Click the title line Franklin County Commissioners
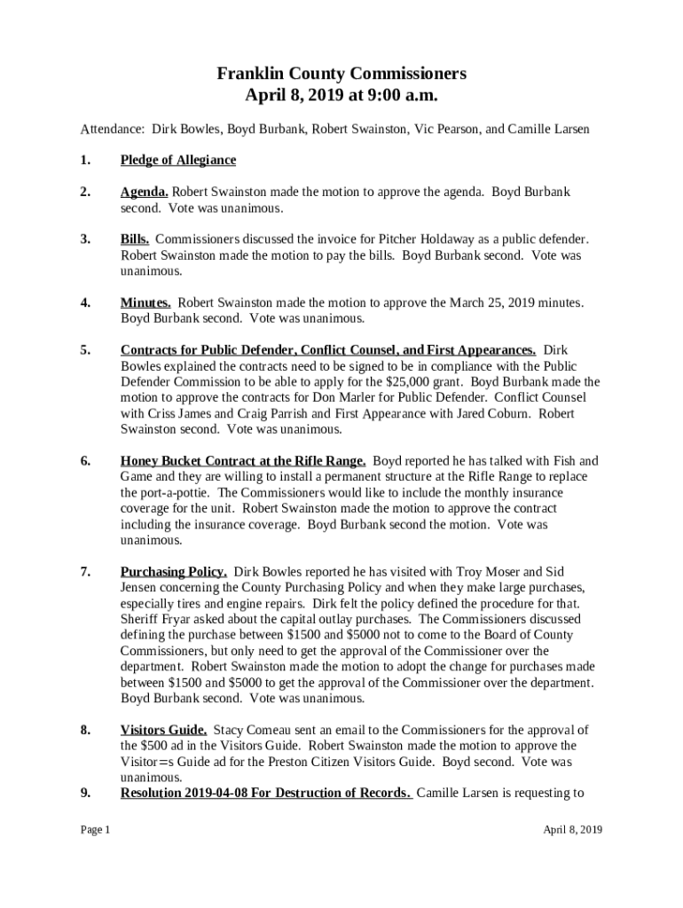pyautogui.click(x=341, y=74)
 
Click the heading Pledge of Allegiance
pyautogui.click(x=178, y=160)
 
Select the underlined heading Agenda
pyautogui.click(x=145, y=192)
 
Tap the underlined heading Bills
pyautogui.click(x=135, y=239)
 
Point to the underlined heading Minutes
pyautogui.click(x=145, y=302)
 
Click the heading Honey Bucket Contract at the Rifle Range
pyautogui.click(x=243, y=461)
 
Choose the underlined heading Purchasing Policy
pyautogui.click(x=174, y=572)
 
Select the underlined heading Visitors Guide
pyautogui.click(x=164, y=730)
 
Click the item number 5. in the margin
pyautogui.click(x=85, y=350)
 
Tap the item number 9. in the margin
pyautogui.click(x=85, y=793)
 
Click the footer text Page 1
pyautogui.click(x=95, y=830)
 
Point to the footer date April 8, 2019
pyautogui.click(x=573, y=830)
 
